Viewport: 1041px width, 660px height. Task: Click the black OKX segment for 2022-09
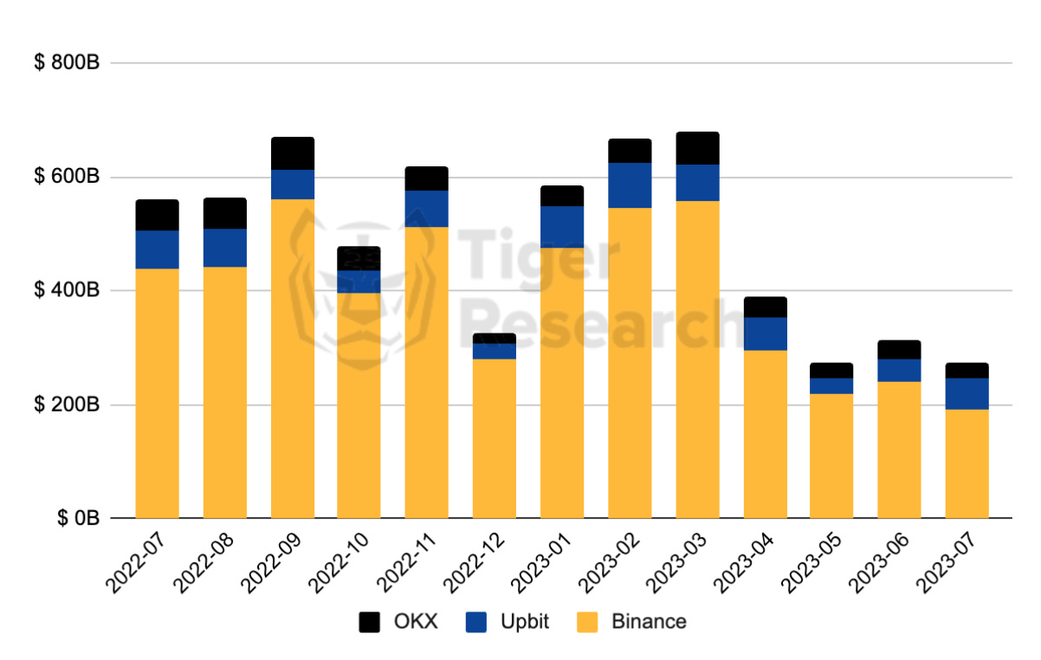point(293,153)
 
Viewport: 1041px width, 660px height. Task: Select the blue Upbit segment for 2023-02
point(630,185)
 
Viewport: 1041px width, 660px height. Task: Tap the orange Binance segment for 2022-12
point(495,437)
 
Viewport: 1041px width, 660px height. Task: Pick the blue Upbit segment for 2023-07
point(967,393)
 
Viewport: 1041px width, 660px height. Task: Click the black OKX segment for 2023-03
point(697,148)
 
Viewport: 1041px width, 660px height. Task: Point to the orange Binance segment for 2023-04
point(765,433)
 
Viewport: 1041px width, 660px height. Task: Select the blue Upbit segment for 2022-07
point(158,249)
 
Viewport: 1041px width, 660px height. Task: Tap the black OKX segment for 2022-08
point(225,213)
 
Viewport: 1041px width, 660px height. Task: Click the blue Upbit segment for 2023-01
point(562,227)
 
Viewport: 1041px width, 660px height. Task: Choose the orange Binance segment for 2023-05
point(831,456)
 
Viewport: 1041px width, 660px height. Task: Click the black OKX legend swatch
point(370,622)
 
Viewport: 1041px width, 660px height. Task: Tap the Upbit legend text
point(524,622)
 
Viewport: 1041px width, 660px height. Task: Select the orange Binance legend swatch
point(587,622)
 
